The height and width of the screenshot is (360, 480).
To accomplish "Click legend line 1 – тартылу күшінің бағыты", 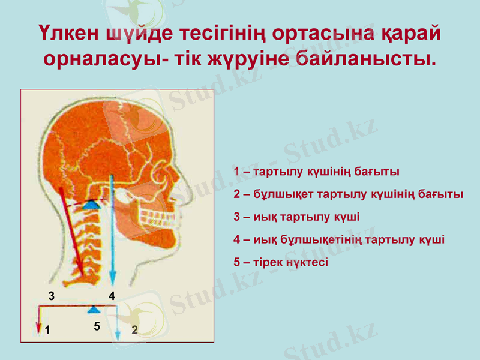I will pos(316,172).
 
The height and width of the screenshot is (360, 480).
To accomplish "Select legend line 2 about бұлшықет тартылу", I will pos(348,194).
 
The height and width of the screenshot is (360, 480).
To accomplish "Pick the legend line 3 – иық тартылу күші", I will pos(296,217).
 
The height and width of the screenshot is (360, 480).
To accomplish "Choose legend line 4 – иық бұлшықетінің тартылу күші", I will pos(339,239).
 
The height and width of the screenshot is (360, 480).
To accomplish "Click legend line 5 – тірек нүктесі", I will pos(281,262).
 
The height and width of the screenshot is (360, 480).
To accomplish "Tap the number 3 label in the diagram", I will pos(52,295).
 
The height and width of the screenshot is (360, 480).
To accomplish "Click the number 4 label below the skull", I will pos(112,295).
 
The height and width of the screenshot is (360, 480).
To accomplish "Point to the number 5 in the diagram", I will pos(97,326).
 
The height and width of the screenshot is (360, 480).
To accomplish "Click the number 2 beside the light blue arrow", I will pos(134,329).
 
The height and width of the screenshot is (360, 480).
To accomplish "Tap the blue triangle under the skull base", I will pos(91,205).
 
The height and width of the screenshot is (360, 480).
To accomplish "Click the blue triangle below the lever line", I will pos(94,309).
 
